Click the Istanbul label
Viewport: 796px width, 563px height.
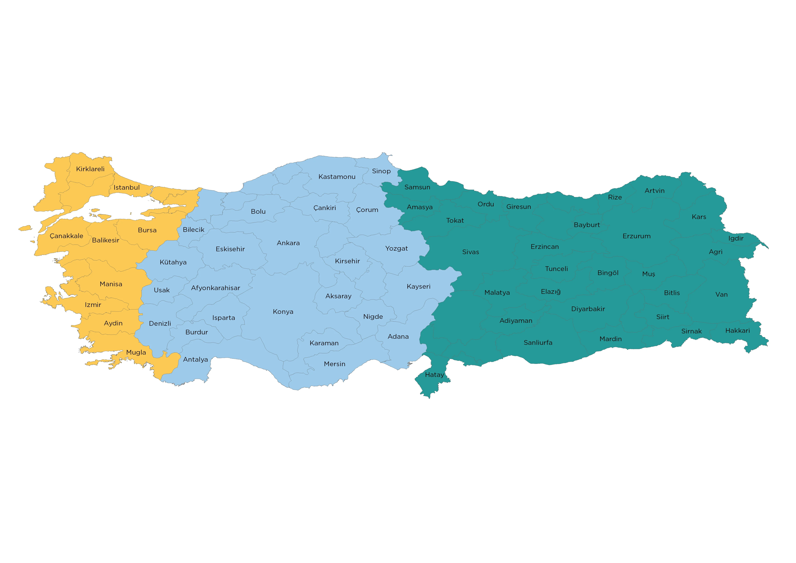click(x=127, y=188)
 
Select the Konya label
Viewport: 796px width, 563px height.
click(x=283, y=312)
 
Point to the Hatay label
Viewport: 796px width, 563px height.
click(x=434, y=375)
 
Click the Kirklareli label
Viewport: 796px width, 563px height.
click(x=90, y=169)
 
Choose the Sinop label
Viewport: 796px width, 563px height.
click(x=381, y=171)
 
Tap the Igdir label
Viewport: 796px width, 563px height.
click(x=736, y=239)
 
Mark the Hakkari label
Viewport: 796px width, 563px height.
click(x=737, y=331)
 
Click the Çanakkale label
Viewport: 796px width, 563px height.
click(x=66, y=236)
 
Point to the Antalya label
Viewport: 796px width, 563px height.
click(x=195, y=360)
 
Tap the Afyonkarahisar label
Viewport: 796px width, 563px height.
click(x=215, y=288)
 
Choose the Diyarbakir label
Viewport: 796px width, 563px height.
click(x=588, y=309)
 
